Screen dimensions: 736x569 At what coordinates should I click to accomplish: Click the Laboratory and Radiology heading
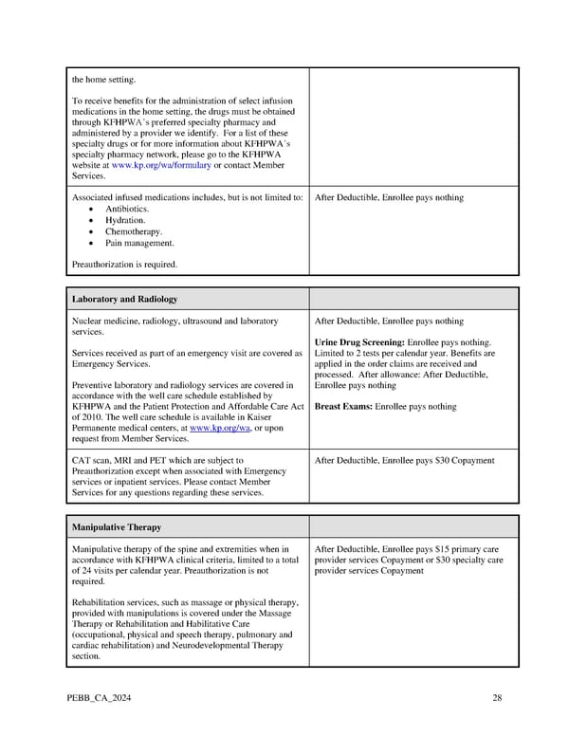tap(124, 299)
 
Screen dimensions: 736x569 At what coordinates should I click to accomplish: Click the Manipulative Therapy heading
tap(117, 526)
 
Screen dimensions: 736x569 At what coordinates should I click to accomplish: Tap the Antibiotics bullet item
tap(127, 209)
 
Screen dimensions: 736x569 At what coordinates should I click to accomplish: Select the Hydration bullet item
tap(125, 220)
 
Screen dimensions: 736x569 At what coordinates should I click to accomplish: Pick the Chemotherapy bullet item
tap(134, 231)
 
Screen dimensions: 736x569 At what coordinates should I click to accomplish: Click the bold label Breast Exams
tap(342, 407)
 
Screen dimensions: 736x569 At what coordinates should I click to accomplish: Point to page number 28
tap(497, 699)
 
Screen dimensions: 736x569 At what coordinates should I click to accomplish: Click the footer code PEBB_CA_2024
tap(99, 699)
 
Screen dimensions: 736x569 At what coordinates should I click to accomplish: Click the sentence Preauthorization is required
tap(123, 265)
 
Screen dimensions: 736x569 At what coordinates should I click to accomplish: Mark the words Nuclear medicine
tap(104, 322)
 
